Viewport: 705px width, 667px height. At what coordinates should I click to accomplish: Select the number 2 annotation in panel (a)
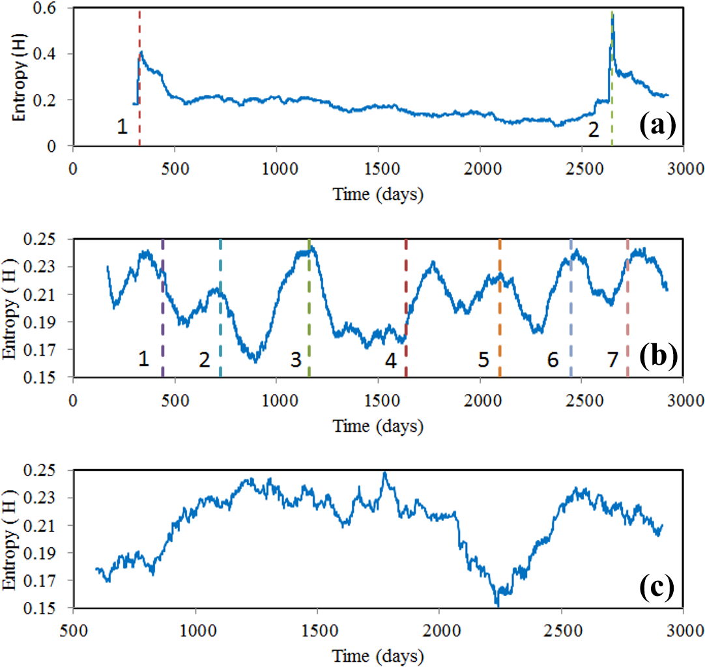[x=593, y=130]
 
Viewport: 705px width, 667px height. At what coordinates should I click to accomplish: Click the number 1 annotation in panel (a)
[x=122, y=128]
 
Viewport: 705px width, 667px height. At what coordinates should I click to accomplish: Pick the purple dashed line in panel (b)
[x=162, y=326]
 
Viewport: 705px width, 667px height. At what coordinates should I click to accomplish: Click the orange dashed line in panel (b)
[x=500, y=326]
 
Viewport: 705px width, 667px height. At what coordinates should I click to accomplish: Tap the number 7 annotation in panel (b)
[x=612, y=359]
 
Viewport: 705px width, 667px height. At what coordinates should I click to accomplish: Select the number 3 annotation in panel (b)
[x=296, y=359]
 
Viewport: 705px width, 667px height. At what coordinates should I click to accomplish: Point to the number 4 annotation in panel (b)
[x=390, y=359]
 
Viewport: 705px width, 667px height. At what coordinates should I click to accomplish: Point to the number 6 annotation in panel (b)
[x=553, y=359]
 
